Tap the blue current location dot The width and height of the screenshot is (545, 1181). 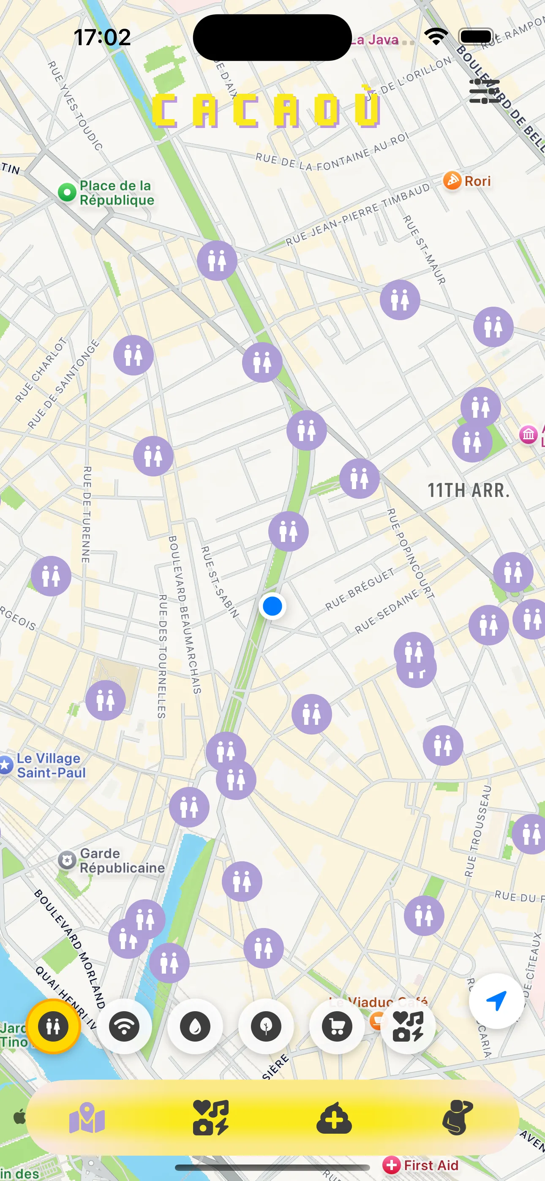tap(272, 606)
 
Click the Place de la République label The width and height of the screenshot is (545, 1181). tap(116, 193)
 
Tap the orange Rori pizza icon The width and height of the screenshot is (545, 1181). tap(452, 181)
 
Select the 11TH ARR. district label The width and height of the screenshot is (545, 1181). tap(469, 490)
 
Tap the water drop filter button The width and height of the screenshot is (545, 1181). tap(195, 1026)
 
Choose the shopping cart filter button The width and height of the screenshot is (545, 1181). tap(337, 1026)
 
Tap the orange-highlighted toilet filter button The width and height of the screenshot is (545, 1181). tap(53, 1026)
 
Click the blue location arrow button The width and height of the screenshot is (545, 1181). tap(496, 1001)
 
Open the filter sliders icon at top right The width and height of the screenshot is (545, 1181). tap(484, 91)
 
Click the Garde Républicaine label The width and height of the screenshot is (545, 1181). tap(122, 860)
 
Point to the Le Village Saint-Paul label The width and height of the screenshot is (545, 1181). tap(50, 766)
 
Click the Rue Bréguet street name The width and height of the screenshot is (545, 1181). tap(360, 589)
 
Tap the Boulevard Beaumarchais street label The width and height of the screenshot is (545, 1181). tap(185, 614)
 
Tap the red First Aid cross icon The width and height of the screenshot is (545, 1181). tap(391, 1165)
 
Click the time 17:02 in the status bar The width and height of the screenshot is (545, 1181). tap(102, 37)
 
